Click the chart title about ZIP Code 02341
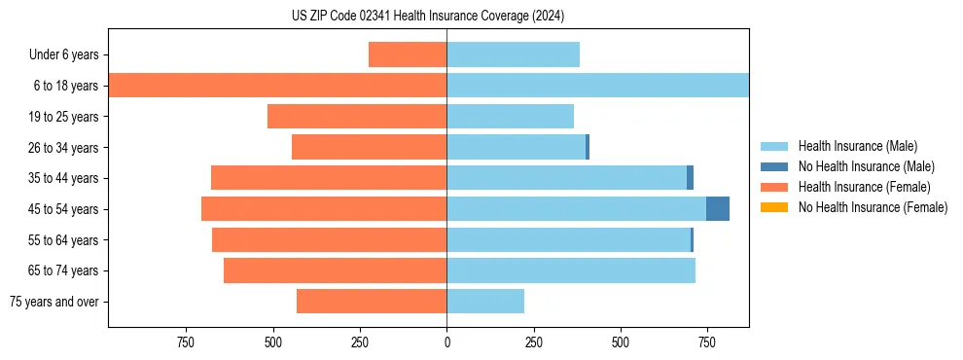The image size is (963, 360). pos(428,17)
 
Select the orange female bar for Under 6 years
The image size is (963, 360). pos(408,54)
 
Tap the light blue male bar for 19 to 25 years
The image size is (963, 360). pos(510,117)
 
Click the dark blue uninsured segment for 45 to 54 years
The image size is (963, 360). pos(718,209)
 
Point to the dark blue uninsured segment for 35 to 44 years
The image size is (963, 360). pos(690,178)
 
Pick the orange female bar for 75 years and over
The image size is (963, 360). pos(372,302)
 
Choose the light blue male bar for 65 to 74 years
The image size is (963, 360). pos(571,270)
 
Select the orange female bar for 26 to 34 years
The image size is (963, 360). pos(369,147)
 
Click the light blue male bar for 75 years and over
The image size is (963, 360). pos(485,302)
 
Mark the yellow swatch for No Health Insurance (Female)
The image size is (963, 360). pos(775,207)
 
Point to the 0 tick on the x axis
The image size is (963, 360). pos(446,342)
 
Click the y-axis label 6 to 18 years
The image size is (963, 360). pos(65,86)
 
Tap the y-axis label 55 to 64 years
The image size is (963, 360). pos(62,240)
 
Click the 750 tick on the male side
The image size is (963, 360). pos(707,342)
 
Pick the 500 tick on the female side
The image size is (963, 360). pos(273,342)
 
